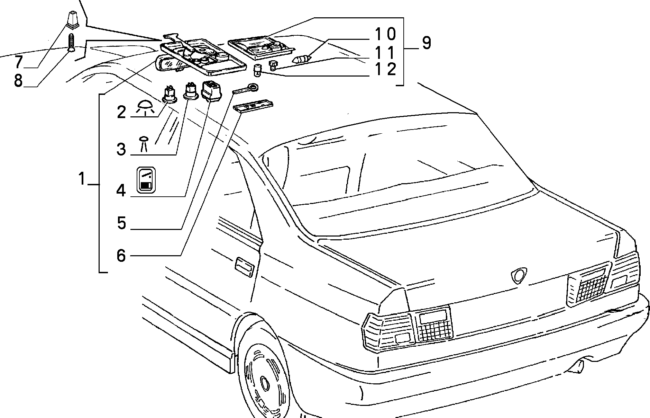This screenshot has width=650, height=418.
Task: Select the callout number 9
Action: (x=426, y=43)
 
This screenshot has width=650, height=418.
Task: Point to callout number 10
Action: (x=385, y=34)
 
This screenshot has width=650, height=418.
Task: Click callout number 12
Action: (x=385, y=69)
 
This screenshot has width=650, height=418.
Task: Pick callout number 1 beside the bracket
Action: (x=82, y=179)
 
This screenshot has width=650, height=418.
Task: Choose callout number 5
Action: (x=121, y=223)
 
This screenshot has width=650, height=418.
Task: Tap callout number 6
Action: (x=121, y=256)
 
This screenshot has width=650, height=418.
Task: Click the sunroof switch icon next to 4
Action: (x=146, y=179)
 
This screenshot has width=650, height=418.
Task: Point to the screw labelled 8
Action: (x=72, y=42)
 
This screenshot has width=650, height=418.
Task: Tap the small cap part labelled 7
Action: (x=72, y=19)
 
